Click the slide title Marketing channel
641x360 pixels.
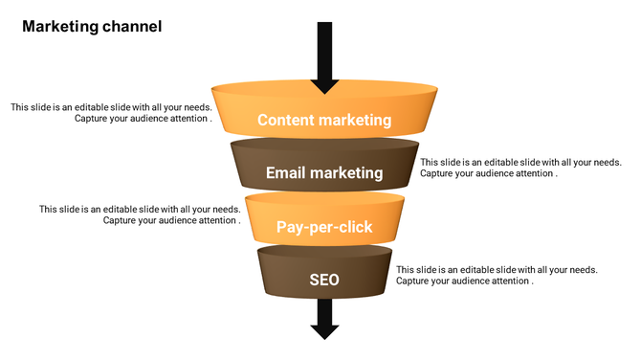pyautogui.click(x=92, y=27)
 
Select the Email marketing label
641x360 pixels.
pyautogui.click(x=324, y=173)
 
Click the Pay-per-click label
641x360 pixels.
pyautogui.click(x=324, y=227)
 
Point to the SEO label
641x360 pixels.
pyautogui.click(x=324, y=281)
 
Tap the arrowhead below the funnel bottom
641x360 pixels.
pyautogui.click(x=325, y=330)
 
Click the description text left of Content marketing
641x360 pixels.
pyautogui.click(x=112, y=113)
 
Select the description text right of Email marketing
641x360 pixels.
pyautogui.click(x=520, y=168)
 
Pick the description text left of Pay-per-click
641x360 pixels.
pyautogui.click(x=140, y=214)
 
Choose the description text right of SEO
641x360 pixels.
pyautogui.click(x=497, y=276)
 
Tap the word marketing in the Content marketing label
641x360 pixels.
pyautogui.click(x=355, y=121)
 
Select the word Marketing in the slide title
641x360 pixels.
pyautogui.click(x=60, y=27)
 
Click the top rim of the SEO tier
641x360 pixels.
pyautogui.click(x=324, y=252)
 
